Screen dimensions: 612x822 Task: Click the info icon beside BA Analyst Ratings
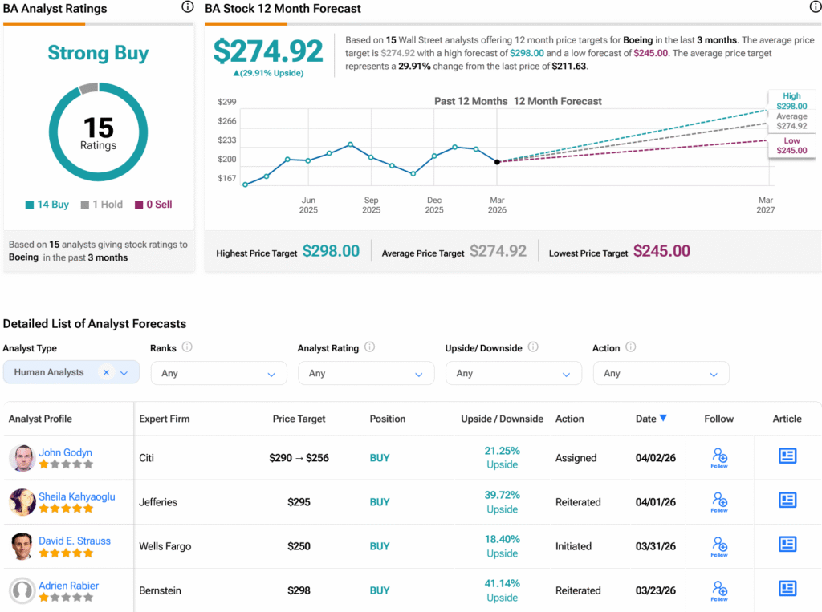(x=187, y=7)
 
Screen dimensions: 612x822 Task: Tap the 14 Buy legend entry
(x=47, y=205)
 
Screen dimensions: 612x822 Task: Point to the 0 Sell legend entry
(x=153, y=205)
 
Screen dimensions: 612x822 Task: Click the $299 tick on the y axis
(x=227, y=102)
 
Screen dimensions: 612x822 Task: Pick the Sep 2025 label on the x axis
(x=371, y=205)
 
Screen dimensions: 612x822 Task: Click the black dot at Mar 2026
(x=497, y=162)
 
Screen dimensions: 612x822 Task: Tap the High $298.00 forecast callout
(x=791, y=101)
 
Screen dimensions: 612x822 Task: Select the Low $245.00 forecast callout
(x=791, y=146)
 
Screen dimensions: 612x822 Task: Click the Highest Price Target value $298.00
(x=331, y=251)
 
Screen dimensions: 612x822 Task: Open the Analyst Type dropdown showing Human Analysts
(x=71, y=372)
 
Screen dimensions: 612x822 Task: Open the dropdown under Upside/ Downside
(x=513, y=373)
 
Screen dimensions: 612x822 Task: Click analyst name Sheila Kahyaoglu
(x=76, y=496)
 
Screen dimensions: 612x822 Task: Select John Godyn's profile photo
(x=22, y=458)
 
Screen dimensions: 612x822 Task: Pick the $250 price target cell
(x=299, y=546)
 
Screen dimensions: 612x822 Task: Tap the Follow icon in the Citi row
(x=719, y=457)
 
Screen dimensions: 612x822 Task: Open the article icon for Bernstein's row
(x=787, y=590)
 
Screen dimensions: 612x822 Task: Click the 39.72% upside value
(x=502, y=495)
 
